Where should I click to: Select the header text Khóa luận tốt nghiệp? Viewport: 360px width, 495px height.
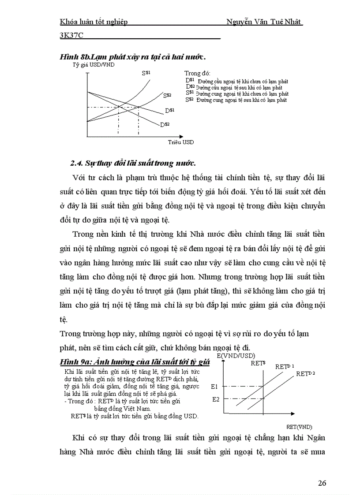(94, 22)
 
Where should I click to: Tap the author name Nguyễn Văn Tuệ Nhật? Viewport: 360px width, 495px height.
(264, 22)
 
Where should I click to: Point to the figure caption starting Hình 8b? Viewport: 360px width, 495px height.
(133, 57)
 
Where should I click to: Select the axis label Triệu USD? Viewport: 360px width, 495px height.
(180, 142)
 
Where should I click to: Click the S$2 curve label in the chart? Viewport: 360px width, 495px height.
(167, 95)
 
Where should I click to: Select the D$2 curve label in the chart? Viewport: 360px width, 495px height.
(165, 125)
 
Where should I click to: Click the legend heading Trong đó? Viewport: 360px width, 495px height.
(197, 73)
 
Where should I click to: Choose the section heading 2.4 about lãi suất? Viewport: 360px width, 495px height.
(133, 163)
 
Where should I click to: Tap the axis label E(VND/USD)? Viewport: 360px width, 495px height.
(236, 355)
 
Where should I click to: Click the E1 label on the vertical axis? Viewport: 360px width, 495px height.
(215, 387)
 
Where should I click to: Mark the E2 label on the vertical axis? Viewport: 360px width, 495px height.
(216, 399)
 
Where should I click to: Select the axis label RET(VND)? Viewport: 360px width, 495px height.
(299, 426)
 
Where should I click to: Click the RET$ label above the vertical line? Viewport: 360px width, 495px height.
(258, 363)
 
